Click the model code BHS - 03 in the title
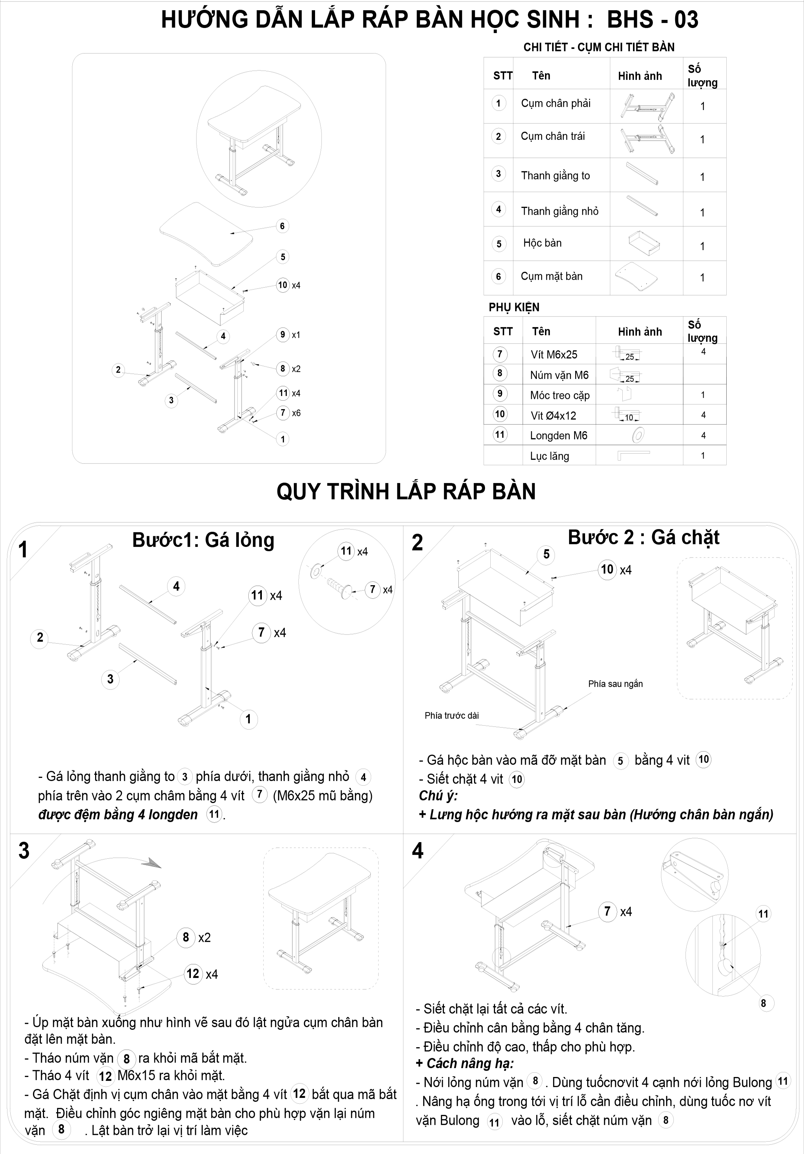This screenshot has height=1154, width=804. pos(652,20)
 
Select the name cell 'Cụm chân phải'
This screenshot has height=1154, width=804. pos(555,104)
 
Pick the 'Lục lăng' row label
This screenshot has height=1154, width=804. pos(549,456)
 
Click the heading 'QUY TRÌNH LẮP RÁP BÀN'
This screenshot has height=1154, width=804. pos(406,491)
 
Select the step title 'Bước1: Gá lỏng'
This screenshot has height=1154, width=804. pos(203,540)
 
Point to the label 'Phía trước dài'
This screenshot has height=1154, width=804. pos(451,716)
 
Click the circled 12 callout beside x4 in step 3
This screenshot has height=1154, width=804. pos(193,974)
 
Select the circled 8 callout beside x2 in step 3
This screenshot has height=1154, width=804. pos(186,938)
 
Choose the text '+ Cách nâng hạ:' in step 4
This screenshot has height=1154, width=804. pos(464,1064)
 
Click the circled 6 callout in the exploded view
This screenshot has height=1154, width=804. pos(282,226)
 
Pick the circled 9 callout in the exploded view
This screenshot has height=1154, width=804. pos(283,335)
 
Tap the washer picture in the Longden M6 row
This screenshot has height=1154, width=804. pos(638,435)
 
